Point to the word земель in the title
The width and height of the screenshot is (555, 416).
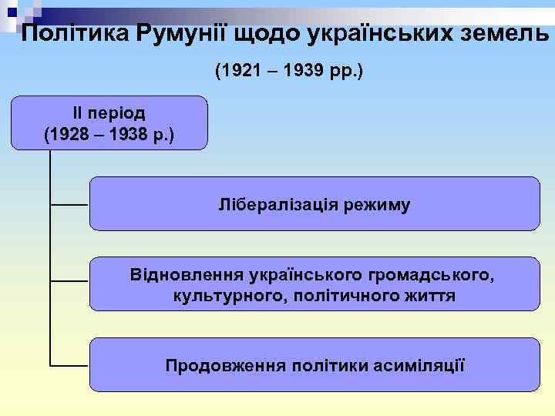coord(501,34)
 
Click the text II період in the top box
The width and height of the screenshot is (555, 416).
coord(109,112)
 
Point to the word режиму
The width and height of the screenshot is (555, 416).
coord(378,205)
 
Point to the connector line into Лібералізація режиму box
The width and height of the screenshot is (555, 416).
coord(69,205)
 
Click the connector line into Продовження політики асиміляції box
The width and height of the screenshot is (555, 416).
coord(69,364)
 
